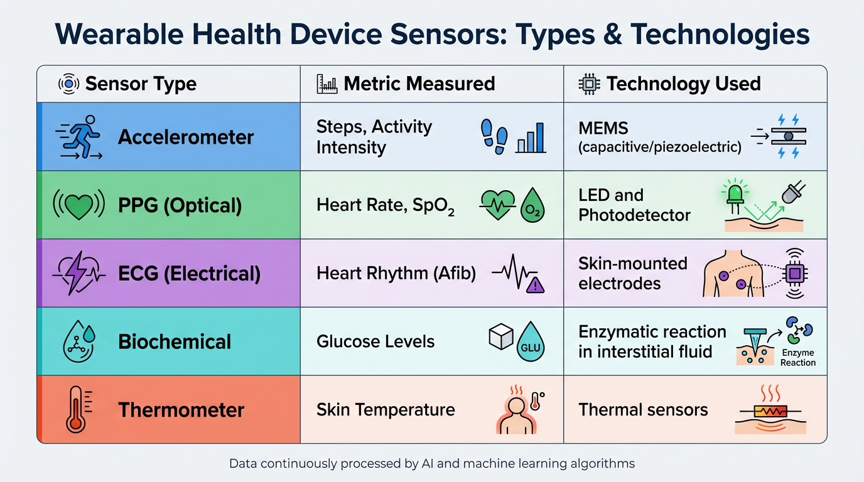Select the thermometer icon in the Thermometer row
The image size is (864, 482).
[77, 410]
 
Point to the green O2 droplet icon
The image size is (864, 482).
[532, 206]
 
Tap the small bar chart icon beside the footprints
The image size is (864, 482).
[531, 138]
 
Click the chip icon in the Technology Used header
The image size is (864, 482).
[589, 83]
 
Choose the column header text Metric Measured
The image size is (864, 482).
[419, 83]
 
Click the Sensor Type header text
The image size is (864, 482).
[141, 83]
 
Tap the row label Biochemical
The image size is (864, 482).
[175, 342]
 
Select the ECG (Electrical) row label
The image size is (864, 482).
[189, 274]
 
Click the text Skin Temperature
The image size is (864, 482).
[386, 410]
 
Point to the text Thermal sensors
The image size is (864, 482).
[643, 410]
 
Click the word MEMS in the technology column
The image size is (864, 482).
[603, 128]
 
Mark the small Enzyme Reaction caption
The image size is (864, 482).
[797, 358]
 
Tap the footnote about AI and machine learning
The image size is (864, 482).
[432, 464]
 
